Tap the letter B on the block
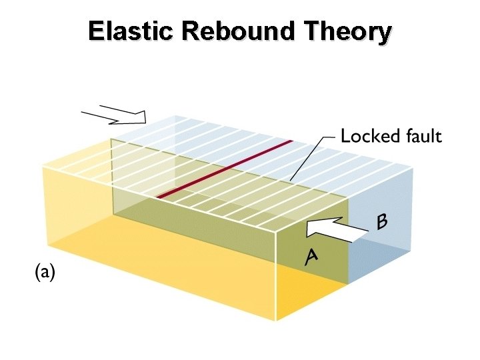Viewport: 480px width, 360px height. (383, 221)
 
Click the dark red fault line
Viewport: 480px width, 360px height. (225, 169)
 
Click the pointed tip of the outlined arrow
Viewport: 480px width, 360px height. (145, 119)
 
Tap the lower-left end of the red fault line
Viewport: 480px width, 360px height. (159, 197)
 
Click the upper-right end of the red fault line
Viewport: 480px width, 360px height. (291, 141)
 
